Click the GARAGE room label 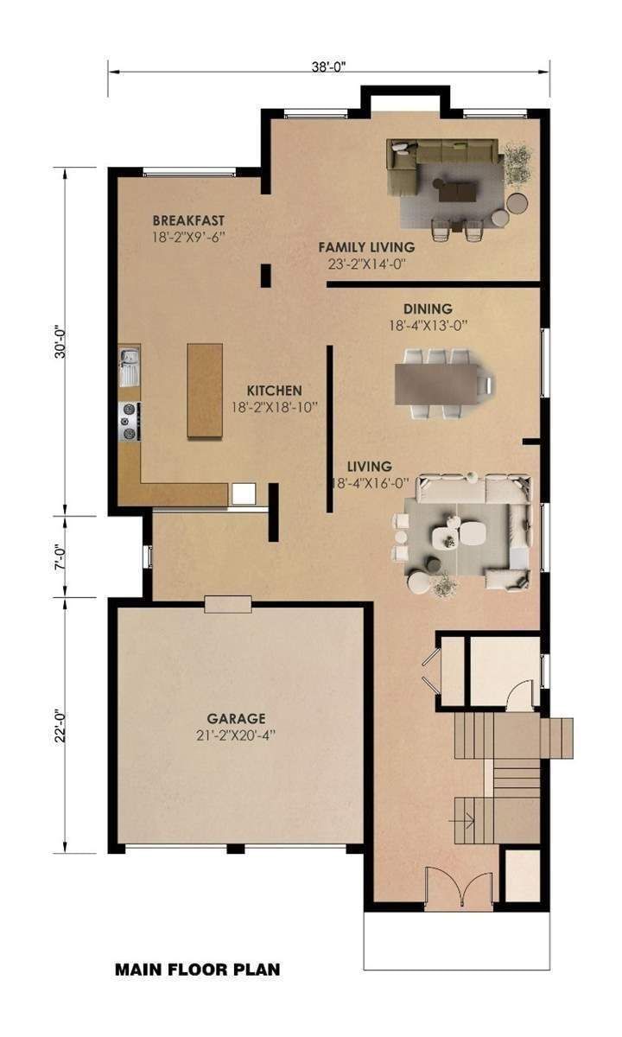(236, 718)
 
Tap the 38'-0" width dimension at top (328, 65)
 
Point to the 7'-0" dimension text (59, 556)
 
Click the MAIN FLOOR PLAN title (197, 970)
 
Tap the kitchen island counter (204, 391)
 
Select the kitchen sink (130, 365)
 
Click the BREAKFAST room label (189, 219)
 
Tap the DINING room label (428, 309)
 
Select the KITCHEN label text (274, 390)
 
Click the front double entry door (458, 890)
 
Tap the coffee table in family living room (456, 188)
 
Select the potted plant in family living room (518, 162)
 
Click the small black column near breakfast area (266, 276)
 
